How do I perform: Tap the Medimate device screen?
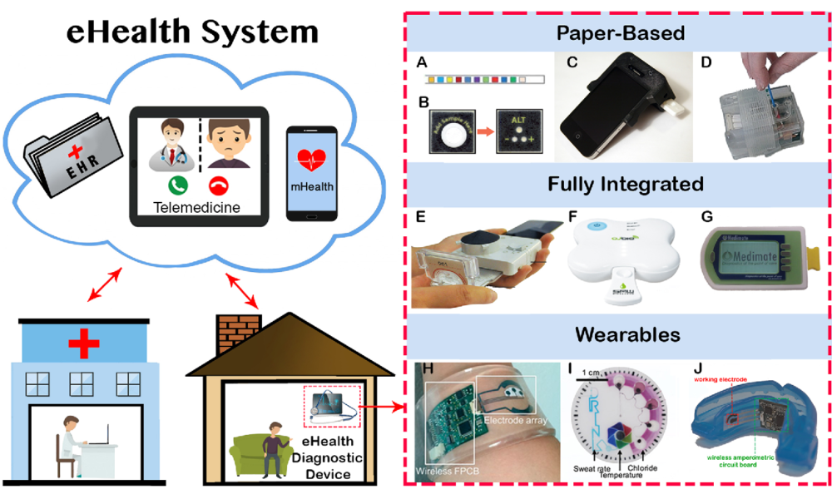point(747,258)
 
